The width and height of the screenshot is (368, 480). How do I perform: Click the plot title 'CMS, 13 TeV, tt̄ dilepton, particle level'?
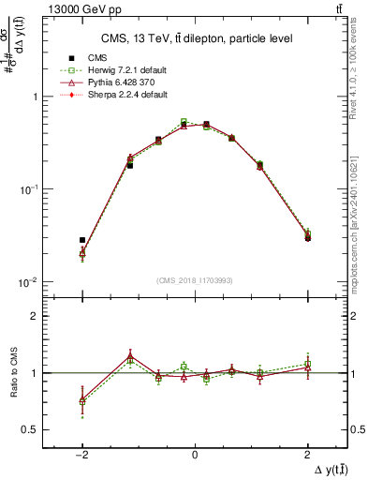196,38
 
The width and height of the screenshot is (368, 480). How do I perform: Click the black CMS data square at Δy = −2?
82,240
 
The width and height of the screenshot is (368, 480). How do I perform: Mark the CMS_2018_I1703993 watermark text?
195,280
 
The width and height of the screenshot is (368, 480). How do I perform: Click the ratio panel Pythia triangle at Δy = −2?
82,400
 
